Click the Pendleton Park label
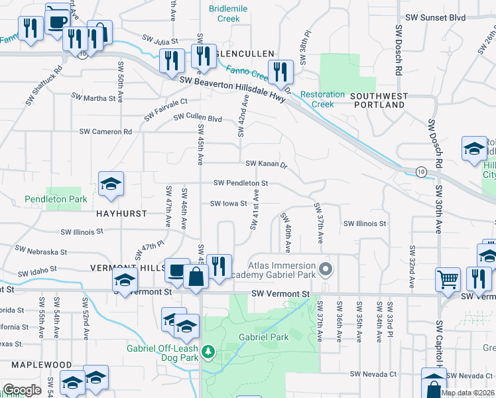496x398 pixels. click(56, 199)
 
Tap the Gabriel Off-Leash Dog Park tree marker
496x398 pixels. click(208, 351)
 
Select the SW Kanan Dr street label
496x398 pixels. click(266, 164)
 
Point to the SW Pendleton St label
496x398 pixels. click(241, 183)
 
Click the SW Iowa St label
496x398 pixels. click(229, 204)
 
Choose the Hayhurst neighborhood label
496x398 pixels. click(121, 215)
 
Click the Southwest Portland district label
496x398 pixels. click(380, 100)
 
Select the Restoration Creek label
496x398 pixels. click(322, 99)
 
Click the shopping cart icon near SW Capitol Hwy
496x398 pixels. click(448, 279)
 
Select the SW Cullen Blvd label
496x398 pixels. click(198, 118)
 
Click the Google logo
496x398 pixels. click(23, 390)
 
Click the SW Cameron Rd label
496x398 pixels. click(107, 131)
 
